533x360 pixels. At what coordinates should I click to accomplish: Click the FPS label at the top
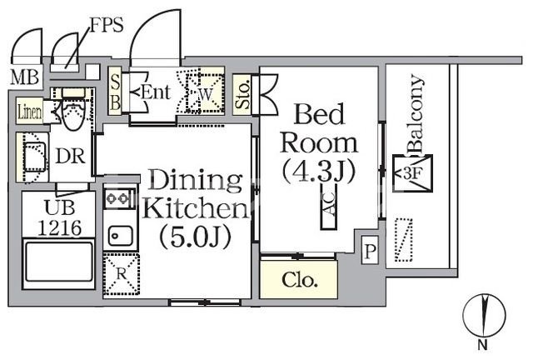(x=107, y=24)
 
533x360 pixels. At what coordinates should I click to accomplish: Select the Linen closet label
(x=30, y=111)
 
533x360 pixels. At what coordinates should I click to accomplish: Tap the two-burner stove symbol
(x=119, y=198)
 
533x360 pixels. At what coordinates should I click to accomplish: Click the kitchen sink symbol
(x=120, y=236)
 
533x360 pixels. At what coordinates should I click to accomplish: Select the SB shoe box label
(x=116, y=91)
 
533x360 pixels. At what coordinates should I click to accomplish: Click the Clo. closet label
(x=300, y=280)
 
